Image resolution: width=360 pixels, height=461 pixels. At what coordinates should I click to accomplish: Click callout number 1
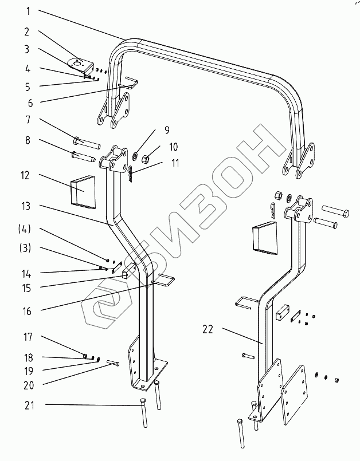tap(26, 11)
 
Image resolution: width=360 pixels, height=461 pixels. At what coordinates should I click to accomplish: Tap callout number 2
tap(26, 32)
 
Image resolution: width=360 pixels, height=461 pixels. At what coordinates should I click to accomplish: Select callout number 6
tap(26, 104)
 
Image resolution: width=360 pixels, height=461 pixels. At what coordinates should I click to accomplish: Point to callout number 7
tap(26, 120)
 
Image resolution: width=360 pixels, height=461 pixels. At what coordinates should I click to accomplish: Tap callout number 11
tap(174, 163)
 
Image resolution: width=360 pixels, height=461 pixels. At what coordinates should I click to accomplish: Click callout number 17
tap(26, 338)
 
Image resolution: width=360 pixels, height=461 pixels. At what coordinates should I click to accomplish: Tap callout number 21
tap(28, 405)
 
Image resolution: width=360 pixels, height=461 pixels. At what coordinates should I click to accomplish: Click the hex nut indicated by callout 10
tap(146, 156)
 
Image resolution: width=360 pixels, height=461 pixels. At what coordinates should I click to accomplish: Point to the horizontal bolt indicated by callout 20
tap(112, 363)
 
